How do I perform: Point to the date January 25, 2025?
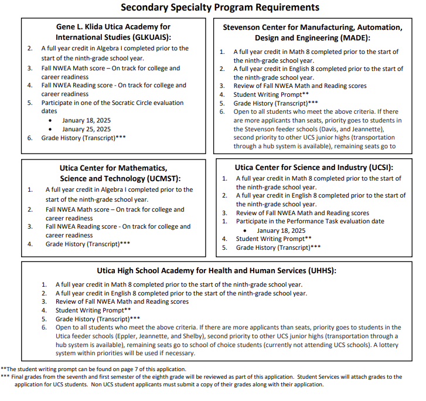86,129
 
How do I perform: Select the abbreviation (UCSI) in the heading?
375,167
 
